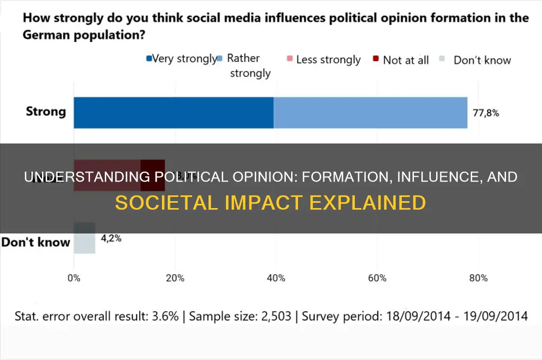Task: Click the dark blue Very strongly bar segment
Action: (x=173, y=112)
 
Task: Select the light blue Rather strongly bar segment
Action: (x=370, y=112)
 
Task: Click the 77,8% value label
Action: (x=485, y=112)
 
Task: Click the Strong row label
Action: (x=46, y=112)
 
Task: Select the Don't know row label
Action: (x=36, y=242)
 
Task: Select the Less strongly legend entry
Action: (x=328, y=60)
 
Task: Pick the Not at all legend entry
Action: (x=405, y=60)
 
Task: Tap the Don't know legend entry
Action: (x=482, y=60)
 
